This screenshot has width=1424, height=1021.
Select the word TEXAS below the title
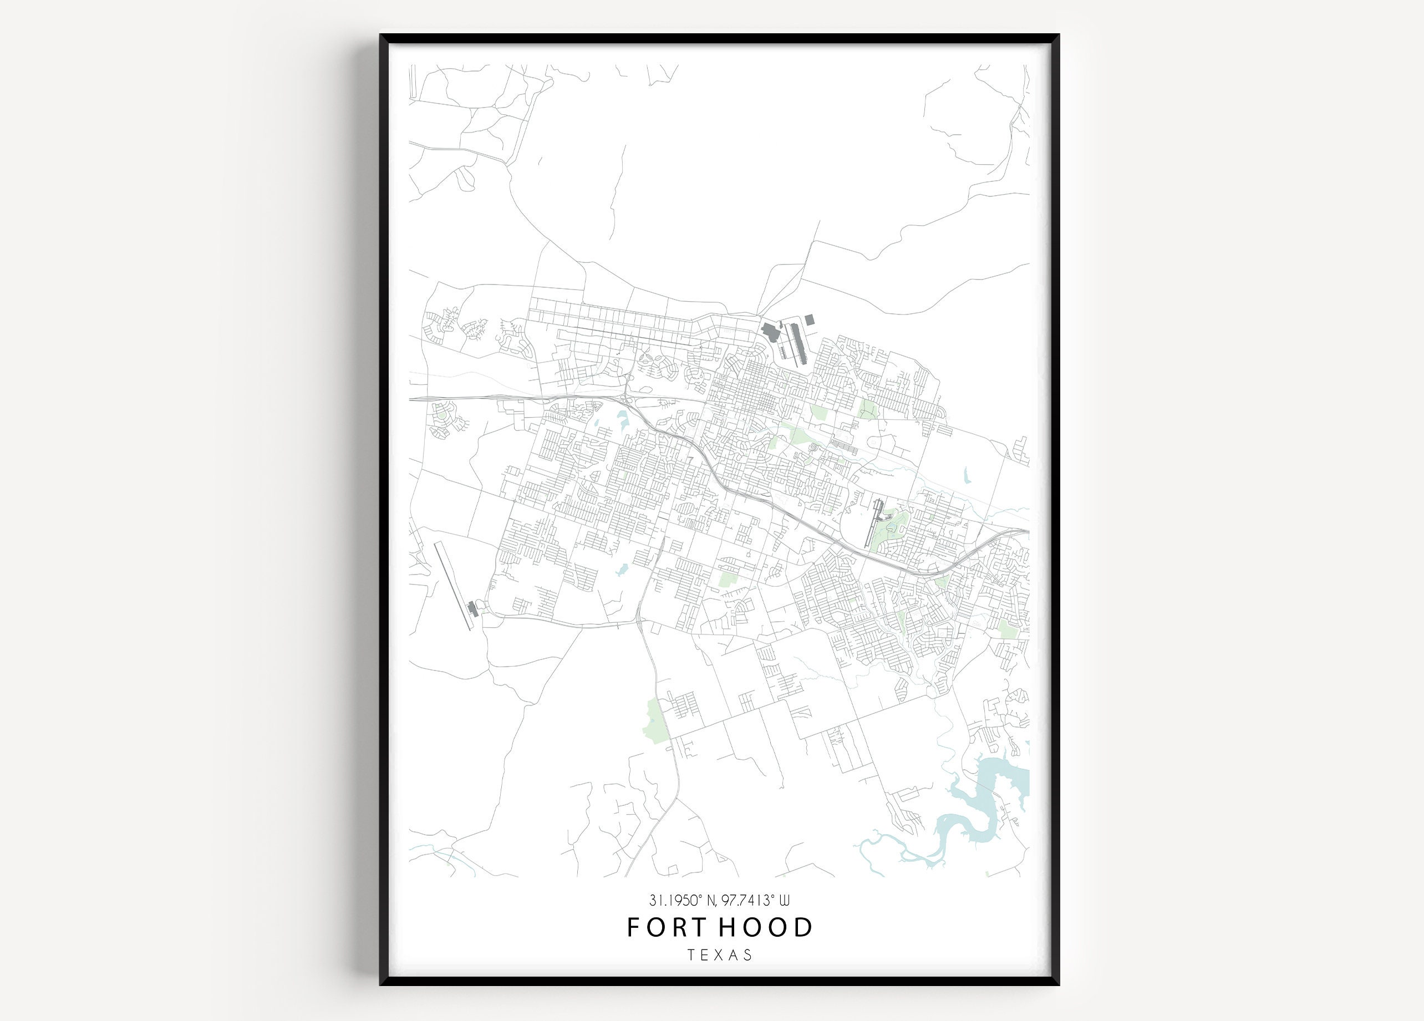tap(720, 955)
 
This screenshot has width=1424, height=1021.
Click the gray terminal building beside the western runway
tap(472, 608)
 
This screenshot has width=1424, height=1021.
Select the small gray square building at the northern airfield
tap(810, 320)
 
